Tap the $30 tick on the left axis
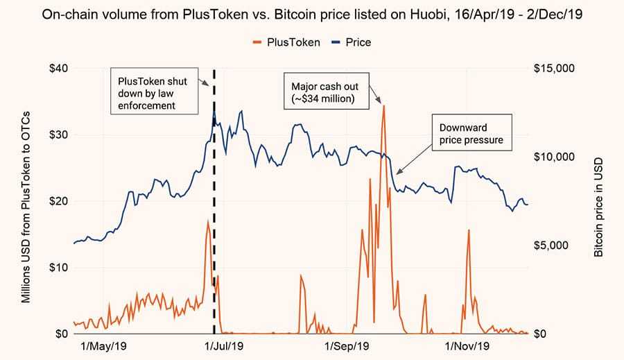53,135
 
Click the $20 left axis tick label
53,201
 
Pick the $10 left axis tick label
53,268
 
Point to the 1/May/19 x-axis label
105,345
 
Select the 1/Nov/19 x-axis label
467,345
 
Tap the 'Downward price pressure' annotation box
471,134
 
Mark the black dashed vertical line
214,208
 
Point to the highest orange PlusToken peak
383,106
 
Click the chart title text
312,15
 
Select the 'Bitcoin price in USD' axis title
600,201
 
